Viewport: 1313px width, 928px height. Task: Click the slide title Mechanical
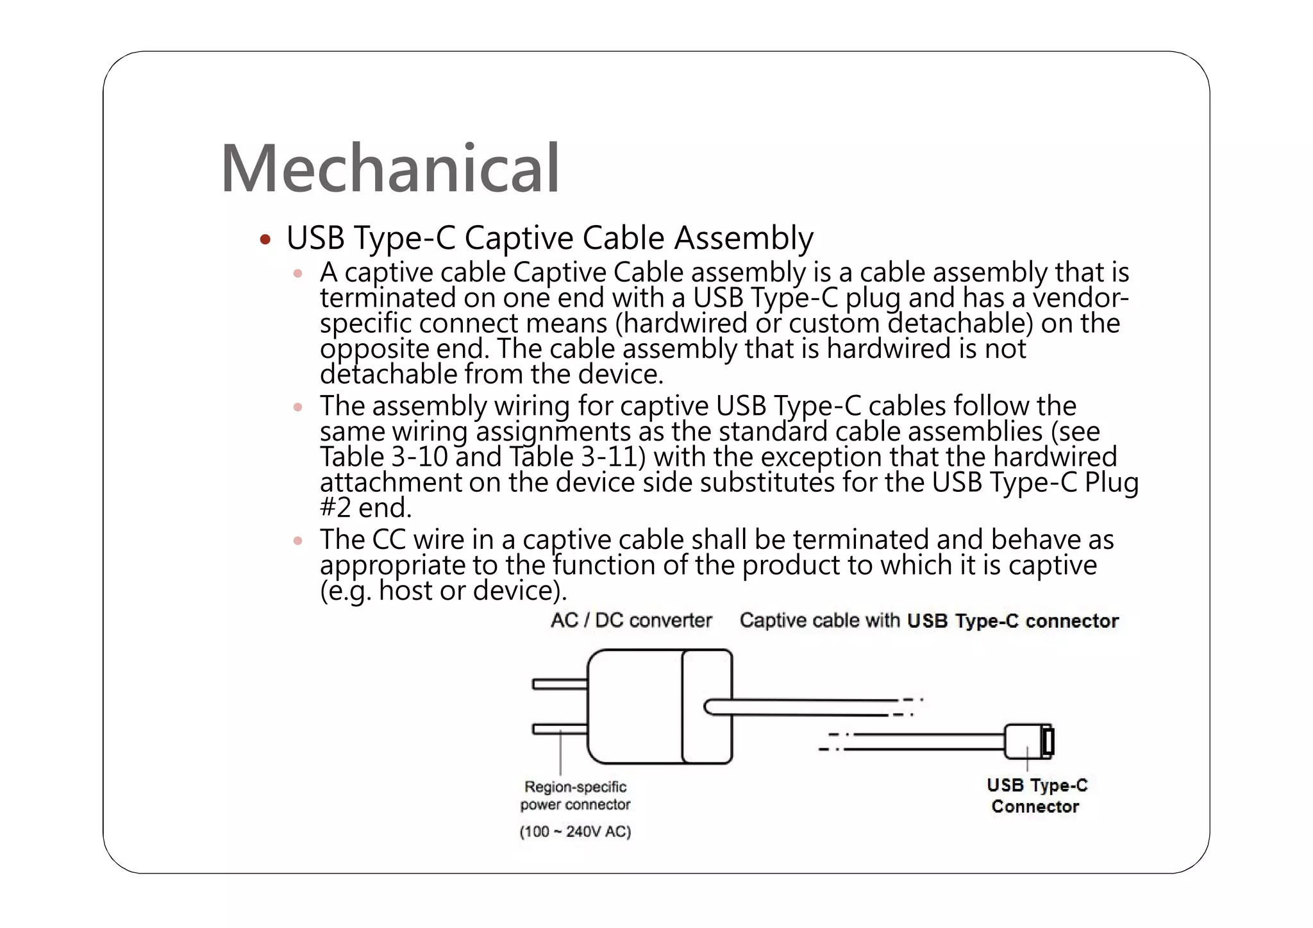click(390, 168)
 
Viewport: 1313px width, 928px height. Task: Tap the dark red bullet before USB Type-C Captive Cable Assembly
click(265, 240)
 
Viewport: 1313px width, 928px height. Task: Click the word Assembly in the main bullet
click(744, 238)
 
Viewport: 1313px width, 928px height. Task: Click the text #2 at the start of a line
click(335, 508)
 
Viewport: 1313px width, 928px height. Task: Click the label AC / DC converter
click(631, 620)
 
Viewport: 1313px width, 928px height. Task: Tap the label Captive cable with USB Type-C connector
click(929, 621)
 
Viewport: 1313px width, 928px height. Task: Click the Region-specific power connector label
click(575, 795)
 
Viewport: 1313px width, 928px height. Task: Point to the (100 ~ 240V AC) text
click(575, 832)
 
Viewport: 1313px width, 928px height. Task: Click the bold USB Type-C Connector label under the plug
click(1037, 795)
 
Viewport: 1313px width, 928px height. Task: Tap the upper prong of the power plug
click(559, 684)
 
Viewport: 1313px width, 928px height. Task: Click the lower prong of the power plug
click(559, 729)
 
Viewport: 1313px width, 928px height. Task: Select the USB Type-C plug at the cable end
click(1028, 741)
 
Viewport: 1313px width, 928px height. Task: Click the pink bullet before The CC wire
click(297, 541)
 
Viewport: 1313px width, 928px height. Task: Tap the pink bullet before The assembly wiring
click(297, 407)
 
